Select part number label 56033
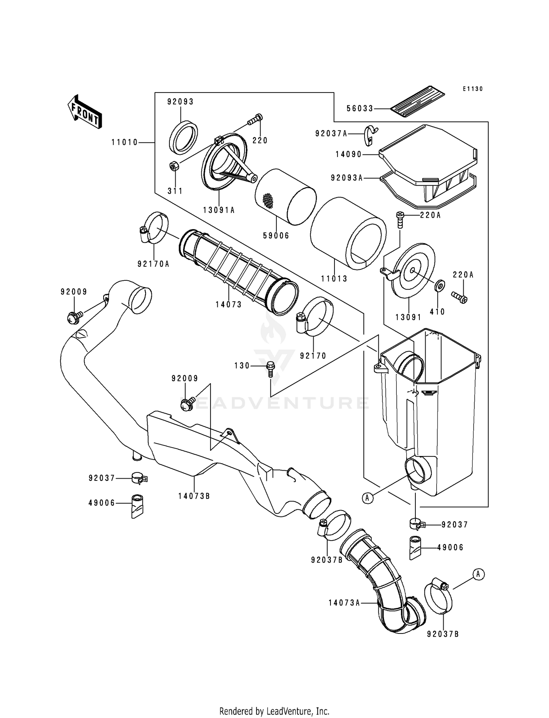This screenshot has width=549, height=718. [360, 109]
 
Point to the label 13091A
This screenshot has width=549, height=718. [219, 210]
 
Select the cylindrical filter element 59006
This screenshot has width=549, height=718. [285, 197]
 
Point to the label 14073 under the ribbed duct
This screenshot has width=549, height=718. [228, 304]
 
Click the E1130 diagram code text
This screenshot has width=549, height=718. [472, 89]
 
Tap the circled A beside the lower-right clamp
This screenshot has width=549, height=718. [478, 574]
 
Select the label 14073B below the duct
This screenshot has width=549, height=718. [194, 496]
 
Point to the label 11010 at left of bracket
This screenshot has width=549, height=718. [124, 142]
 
